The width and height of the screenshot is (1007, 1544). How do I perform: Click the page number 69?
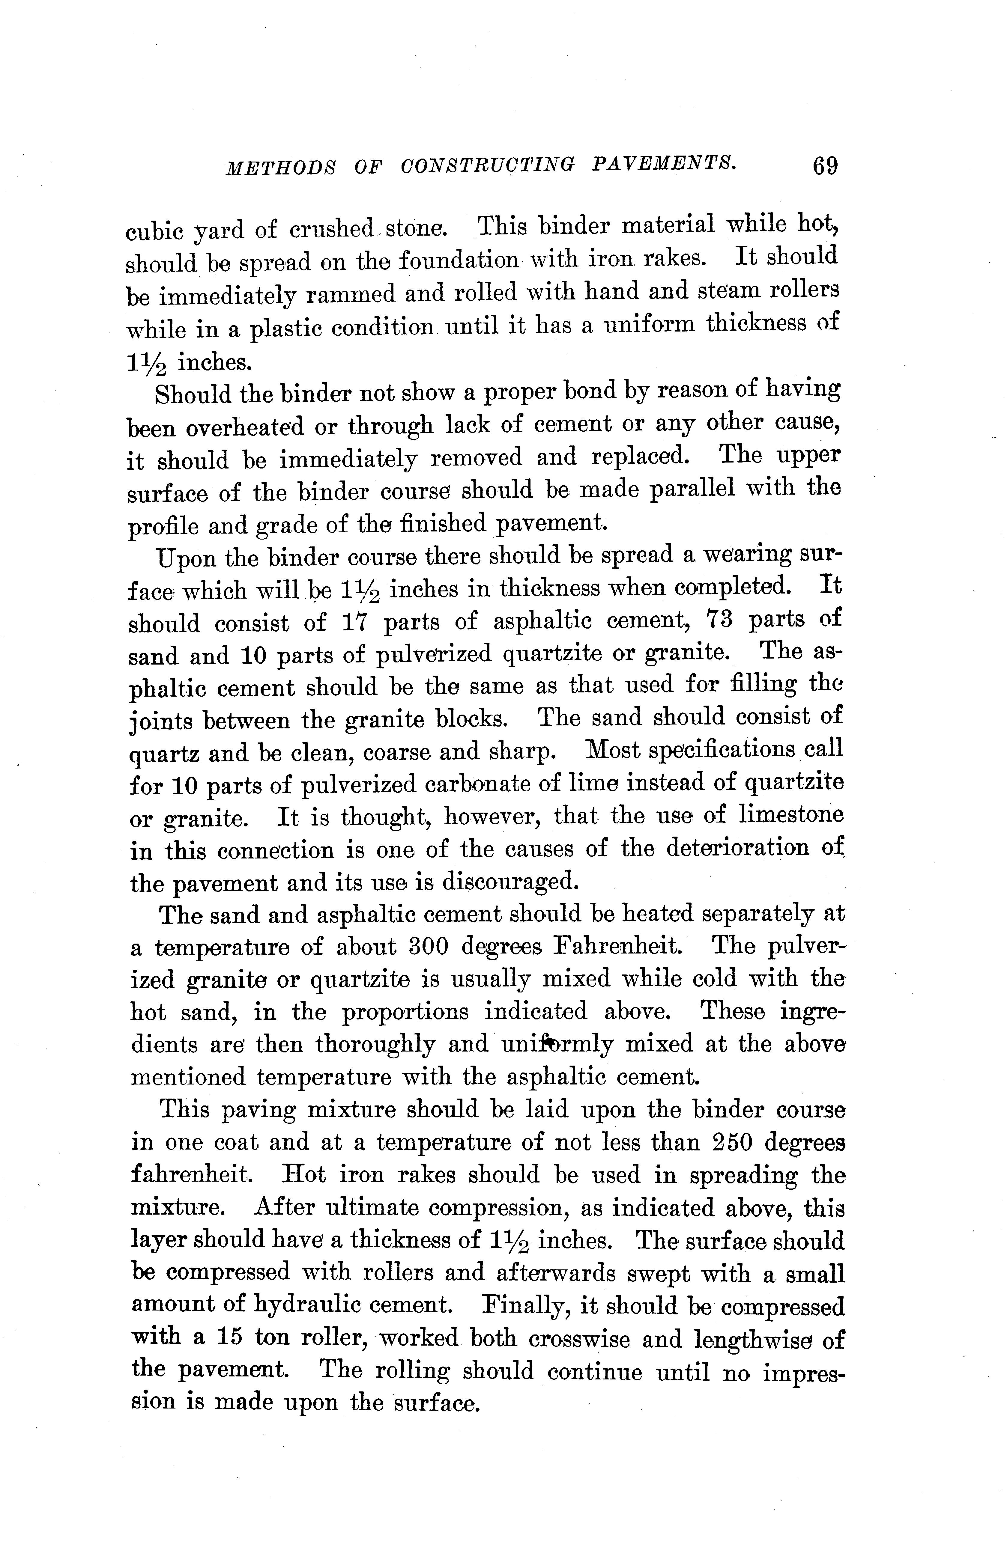pos(824,166)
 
